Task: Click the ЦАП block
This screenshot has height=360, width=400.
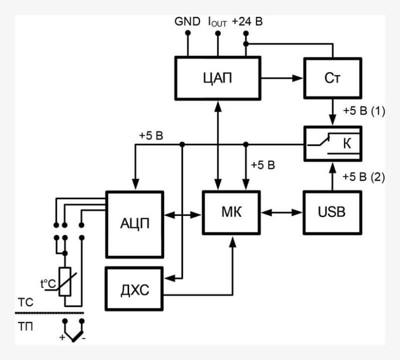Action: click(218, 78)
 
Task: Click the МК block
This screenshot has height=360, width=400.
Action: click(231, 211)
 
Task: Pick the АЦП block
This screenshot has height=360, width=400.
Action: click(135, 224)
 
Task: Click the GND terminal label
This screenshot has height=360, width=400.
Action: click(187, 22)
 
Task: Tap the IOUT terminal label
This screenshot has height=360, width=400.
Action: click(217, 22)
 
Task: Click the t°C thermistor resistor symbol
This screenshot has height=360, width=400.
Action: click(64, 282)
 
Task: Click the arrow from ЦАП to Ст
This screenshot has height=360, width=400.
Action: click(282, 78)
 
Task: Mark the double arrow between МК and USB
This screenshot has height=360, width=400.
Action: click(281, 211)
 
